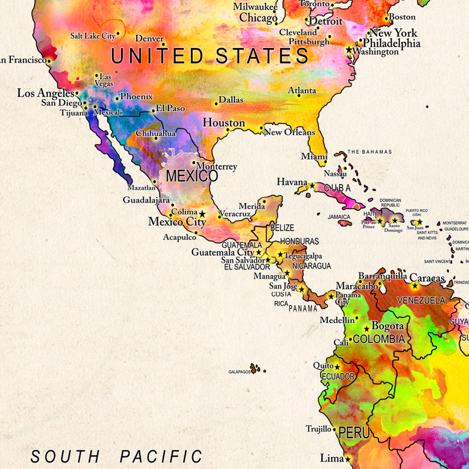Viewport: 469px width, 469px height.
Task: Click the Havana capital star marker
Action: click(x=312, y=186)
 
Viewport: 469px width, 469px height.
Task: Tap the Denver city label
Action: click(x=149, y=38)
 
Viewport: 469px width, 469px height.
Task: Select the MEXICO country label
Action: click(x=192, y=176)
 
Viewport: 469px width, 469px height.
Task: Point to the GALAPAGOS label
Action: click(x=239, y=372)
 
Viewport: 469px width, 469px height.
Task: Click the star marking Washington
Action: click(x=349, y=50)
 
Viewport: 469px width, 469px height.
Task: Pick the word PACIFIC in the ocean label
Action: click(x=161, y=457)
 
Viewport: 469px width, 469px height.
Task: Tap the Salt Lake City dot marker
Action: click(x=118, y=33)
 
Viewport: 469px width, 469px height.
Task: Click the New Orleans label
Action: click(x=289, y=132)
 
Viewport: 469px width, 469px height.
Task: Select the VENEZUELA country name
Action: click(x=421, y=300)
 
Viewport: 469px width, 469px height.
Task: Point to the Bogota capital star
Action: click(x=367, y=329)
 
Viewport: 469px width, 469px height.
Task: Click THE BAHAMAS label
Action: click(x=369, y=152)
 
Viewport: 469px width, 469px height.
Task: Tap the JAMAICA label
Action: click(x=339, y=217)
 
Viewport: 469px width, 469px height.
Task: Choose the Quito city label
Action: click(x=323, y=366)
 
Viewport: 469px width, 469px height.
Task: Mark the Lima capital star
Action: click(x=348, y=459)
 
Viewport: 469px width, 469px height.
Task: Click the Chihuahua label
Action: click(x=156, y=133)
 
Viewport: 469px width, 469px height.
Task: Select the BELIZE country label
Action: click(x=282, y=228)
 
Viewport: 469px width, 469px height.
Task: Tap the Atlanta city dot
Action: click(x=299, y=96)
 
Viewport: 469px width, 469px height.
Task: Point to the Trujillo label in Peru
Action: click(x=318, y=429)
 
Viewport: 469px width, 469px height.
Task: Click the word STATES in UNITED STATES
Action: click(x=262, y=56)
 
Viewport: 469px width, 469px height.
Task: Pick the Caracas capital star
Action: click(x=415, y=285)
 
